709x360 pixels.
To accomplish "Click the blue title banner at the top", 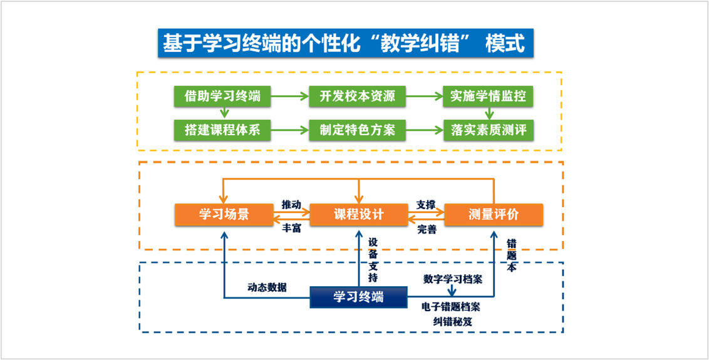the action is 346,43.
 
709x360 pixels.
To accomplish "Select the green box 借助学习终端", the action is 222,96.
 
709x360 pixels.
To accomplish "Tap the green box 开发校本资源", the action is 357,96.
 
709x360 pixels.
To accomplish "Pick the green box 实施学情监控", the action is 489,96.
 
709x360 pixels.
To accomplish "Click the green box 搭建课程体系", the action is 222,130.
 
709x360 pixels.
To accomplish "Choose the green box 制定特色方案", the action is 357,130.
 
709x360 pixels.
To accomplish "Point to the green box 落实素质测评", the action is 489,130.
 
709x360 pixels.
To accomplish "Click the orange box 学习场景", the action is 224,215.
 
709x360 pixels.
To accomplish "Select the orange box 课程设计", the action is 358,215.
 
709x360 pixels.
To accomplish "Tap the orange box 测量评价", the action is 494,215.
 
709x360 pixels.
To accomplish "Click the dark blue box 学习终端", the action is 358,297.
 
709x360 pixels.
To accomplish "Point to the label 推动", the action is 291,204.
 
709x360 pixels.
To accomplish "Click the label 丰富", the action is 291,229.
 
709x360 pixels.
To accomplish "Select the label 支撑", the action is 426,205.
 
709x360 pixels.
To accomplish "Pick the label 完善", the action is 427,230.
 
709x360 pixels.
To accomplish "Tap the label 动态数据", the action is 267,287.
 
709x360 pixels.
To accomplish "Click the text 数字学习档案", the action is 453,278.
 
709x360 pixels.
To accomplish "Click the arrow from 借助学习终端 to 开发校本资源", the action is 290,96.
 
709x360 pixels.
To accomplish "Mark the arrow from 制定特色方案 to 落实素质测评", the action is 425,130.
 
